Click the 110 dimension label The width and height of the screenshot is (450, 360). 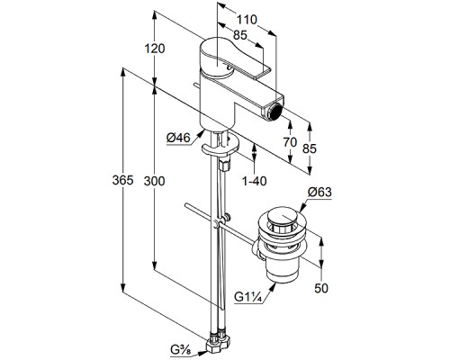[x=247, y=20]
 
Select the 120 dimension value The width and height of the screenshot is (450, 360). [x=155, y=49]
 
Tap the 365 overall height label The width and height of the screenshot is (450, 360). [x=122, y=180]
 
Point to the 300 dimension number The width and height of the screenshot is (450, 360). [x=154, y=181]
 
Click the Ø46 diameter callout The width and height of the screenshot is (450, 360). [x=178, y=139]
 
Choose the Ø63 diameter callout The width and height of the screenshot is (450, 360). [x=319, y=192]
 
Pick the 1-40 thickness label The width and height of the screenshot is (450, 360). [x=255, y=181]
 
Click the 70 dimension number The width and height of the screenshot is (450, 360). [x=290, y=142]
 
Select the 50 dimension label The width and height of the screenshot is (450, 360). [x=321, y=288]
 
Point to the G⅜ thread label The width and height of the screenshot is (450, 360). [x=181, y=350]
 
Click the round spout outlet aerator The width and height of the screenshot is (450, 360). [x=275, y=110]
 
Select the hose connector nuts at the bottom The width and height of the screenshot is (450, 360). [x=218, y=341]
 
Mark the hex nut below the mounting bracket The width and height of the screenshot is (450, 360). [x=224, y=165]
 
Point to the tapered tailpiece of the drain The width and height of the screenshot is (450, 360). [x=283, y=271]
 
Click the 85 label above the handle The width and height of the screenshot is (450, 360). [x=240, y=35]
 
